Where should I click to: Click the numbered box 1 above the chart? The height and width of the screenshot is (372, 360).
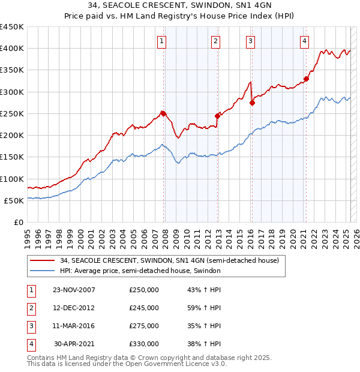click(163, 41)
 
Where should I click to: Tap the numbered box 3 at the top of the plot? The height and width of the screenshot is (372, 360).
click(250, 41)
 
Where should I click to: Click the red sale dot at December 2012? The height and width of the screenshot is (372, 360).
click(217, 116)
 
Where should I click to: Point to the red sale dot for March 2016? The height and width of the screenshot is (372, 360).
click(252, 103)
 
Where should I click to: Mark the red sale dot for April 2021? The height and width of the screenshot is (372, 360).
click(306, 79)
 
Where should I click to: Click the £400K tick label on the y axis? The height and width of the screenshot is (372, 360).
click(11, 49)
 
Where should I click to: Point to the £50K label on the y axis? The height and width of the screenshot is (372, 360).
click(14, 201)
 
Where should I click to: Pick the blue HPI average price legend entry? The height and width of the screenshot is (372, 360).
click(140, 271)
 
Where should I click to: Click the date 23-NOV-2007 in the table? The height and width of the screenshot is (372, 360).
click(74, 290)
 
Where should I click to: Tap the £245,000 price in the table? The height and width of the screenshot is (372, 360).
click(144, 308)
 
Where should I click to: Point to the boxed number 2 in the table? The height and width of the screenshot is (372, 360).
click(31, 308)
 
